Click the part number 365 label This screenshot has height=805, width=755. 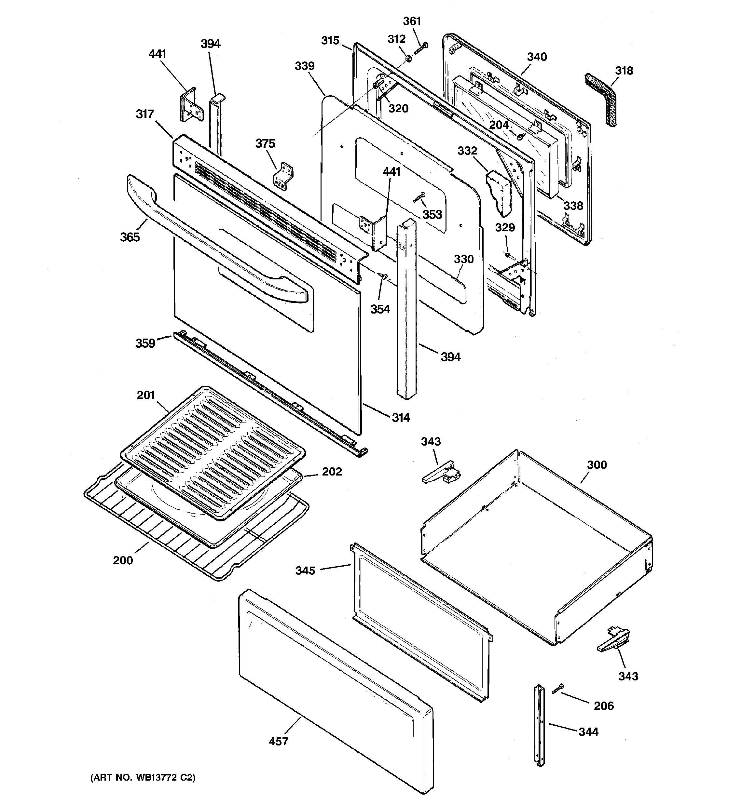click(130, 237)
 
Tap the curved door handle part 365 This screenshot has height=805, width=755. click(211, 243)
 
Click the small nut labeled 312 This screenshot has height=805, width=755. click(408, 60)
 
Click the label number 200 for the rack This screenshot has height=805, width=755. click(123, 560)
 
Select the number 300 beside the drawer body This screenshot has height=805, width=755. click(597, 465)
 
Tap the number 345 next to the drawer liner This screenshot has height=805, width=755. click(305, 570)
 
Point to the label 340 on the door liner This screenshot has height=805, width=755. click(537, 57)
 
